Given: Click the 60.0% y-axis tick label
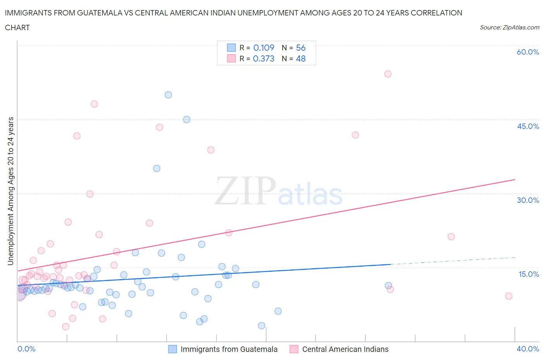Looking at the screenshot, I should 528,52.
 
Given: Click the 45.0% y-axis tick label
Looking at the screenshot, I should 528,126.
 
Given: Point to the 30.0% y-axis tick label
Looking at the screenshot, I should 528,200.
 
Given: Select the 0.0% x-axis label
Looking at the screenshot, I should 26,349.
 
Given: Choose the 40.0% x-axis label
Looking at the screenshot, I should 528,349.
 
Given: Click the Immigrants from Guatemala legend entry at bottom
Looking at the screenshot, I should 229,349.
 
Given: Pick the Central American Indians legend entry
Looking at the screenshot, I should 345,349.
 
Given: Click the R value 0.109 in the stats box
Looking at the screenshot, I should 263,48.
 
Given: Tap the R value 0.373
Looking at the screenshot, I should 263,58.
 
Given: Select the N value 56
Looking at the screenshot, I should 301,48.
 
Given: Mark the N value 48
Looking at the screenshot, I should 301,58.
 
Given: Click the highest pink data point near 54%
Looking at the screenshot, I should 388,74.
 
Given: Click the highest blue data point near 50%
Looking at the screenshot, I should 168,95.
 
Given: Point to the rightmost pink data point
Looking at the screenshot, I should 509,296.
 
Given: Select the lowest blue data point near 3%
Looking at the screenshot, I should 262,326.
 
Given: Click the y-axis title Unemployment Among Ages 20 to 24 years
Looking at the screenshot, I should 11,191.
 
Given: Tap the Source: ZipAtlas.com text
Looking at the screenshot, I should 509,27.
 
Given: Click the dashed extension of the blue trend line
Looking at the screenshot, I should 453,261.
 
